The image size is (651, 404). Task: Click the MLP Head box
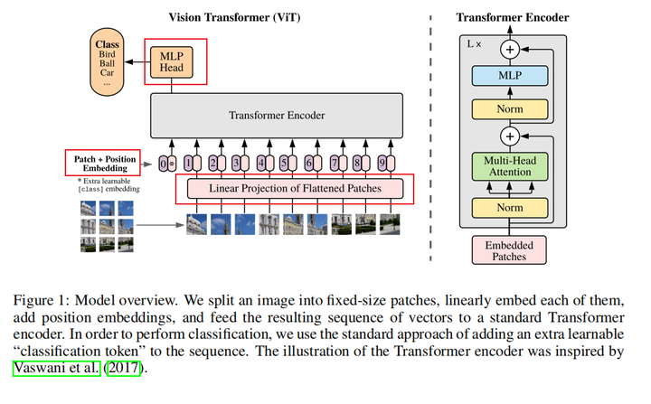[x=172, y=61]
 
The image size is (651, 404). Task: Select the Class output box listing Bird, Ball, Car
[x=108, y=61]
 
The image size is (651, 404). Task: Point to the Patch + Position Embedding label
[x=102, y=163]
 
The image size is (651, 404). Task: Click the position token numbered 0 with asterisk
[x=165, y=164]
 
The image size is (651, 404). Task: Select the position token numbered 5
[x=286, y=164]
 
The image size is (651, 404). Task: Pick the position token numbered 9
[x=383, y=164]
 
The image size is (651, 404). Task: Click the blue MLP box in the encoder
[x=511, y=76]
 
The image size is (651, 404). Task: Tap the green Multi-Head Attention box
[x=511, y=166]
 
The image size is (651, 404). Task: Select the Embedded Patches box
[x=511, y=249]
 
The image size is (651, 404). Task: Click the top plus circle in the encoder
[x=511, y=47]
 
